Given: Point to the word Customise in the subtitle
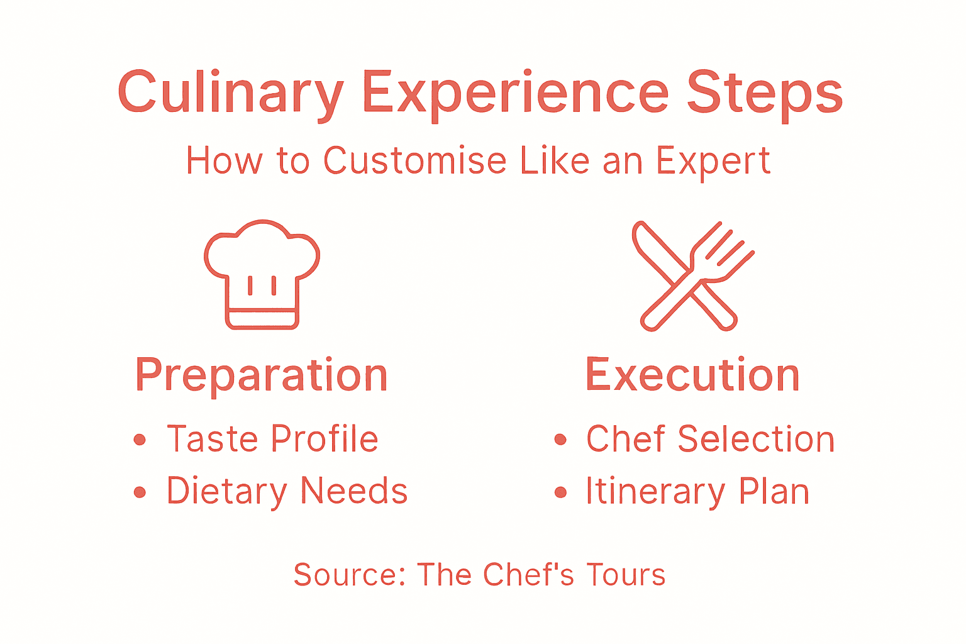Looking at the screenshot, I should click(x=415, y=161).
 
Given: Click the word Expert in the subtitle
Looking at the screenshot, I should click(x=713, y=161).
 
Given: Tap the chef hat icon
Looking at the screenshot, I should click(x=262, y=274).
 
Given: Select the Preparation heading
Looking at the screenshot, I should click(x=262, y=375).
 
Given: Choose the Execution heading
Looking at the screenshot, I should click(x=692, y=375).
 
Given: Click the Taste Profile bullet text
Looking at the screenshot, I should click(x=272, y=439).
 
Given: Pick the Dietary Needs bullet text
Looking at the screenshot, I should click(x=287, y=491).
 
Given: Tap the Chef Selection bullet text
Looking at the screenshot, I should click(x=710, y=439).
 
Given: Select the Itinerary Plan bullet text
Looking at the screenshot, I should click(x=697, y=491).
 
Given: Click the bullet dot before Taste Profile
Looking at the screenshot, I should click(x=140, y=440).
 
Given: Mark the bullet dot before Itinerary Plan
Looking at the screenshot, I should click(x=560, y=492).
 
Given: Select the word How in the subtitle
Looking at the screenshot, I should click(x=224, y=161).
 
